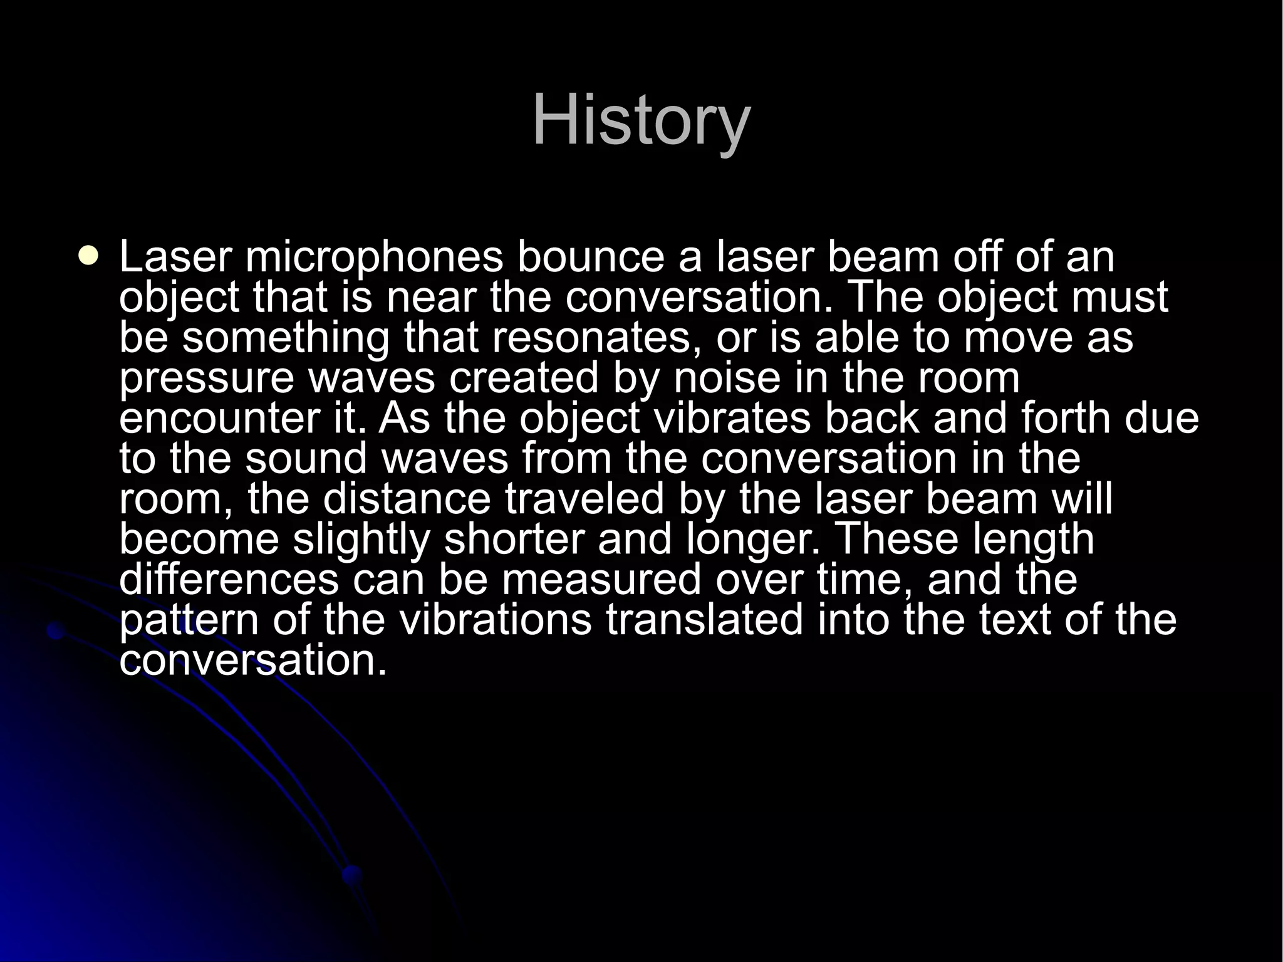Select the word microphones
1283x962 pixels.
(374, 258)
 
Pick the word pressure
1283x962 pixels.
(207, 379)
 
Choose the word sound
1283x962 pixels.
(306, 459)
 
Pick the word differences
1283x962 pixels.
(229, 579)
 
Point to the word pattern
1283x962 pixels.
(189, 620)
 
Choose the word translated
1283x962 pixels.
(704, 620)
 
